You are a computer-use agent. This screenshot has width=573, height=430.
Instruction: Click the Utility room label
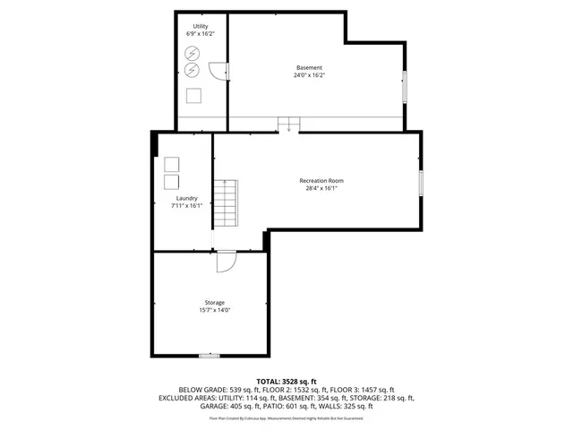click(201, 26)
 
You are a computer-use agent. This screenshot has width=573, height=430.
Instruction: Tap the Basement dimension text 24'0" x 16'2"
click(309, 75)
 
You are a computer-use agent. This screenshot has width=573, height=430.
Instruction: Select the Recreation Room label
click(321, 181)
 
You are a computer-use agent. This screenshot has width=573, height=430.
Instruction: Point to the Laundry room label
click(187, 198)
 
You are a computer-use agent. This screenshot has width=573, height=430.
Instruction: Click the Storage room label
click(214, 303)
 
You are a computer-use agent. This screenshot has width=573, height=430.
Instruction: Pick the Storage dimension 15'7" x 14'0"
click(214, 311)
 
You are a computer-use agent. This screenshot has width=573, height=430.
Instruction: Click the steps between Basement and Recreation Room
click(289, 125)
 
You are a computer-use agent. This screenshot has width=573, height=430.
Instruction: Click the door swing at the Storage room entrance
click(227, 261)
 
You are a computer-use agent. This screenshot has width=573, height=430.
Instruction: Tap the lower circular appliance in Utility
click(192, 69)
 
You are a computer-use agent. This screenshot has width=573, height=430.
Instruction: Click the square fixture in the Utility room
click(194, 96)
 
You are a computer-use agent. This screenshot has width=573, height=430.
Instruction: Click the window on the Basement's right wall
click(404, 84)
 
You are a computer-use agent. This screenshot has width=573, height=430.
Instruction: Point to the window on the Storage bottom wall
click(209, 356)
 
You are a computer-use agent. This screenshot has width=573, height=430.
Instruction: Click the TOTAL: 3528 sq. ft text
click(286, 382)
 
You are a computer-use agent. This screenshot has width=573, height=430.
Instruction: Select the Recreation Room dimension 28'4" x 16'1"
click(321, 189)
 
